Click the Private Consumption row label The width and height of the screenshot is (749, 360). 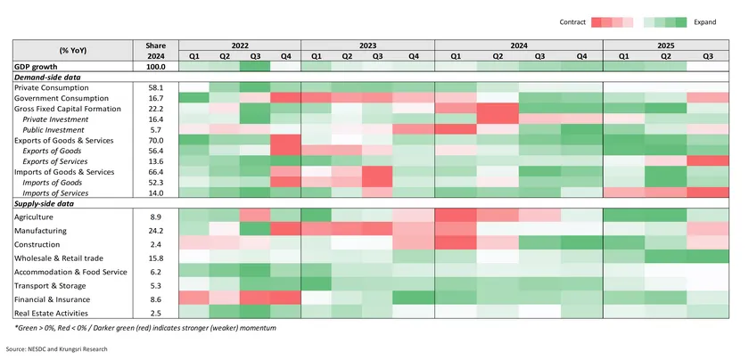point(51,87)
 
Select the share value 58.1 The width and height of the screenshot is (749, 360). point(155,87)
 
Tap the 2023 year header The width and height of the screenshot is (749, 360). point(367,45)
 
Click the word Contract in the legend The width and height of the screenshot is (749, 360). point(572,20)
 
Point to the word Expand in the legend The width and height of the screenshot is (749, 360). point(704,20)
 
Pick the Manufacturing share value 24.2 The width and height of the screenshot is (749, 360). point(155,230)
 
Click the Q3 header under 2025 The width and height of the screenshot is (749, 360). point(707,56)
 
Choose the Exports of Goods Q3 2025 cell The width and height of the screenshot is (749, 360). point(707,151)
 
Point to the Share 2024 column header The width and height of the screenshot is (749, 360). point(155,50)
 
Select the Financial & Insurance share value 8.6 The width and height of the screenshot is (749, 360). point(155,299)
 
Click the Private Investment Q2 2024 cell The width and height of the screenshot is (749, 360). point(498,119)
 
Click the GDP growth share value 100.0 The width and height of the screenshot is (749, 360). point(155,67)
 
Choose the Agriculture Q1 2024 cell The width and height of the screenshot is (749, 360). point(455,216)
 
